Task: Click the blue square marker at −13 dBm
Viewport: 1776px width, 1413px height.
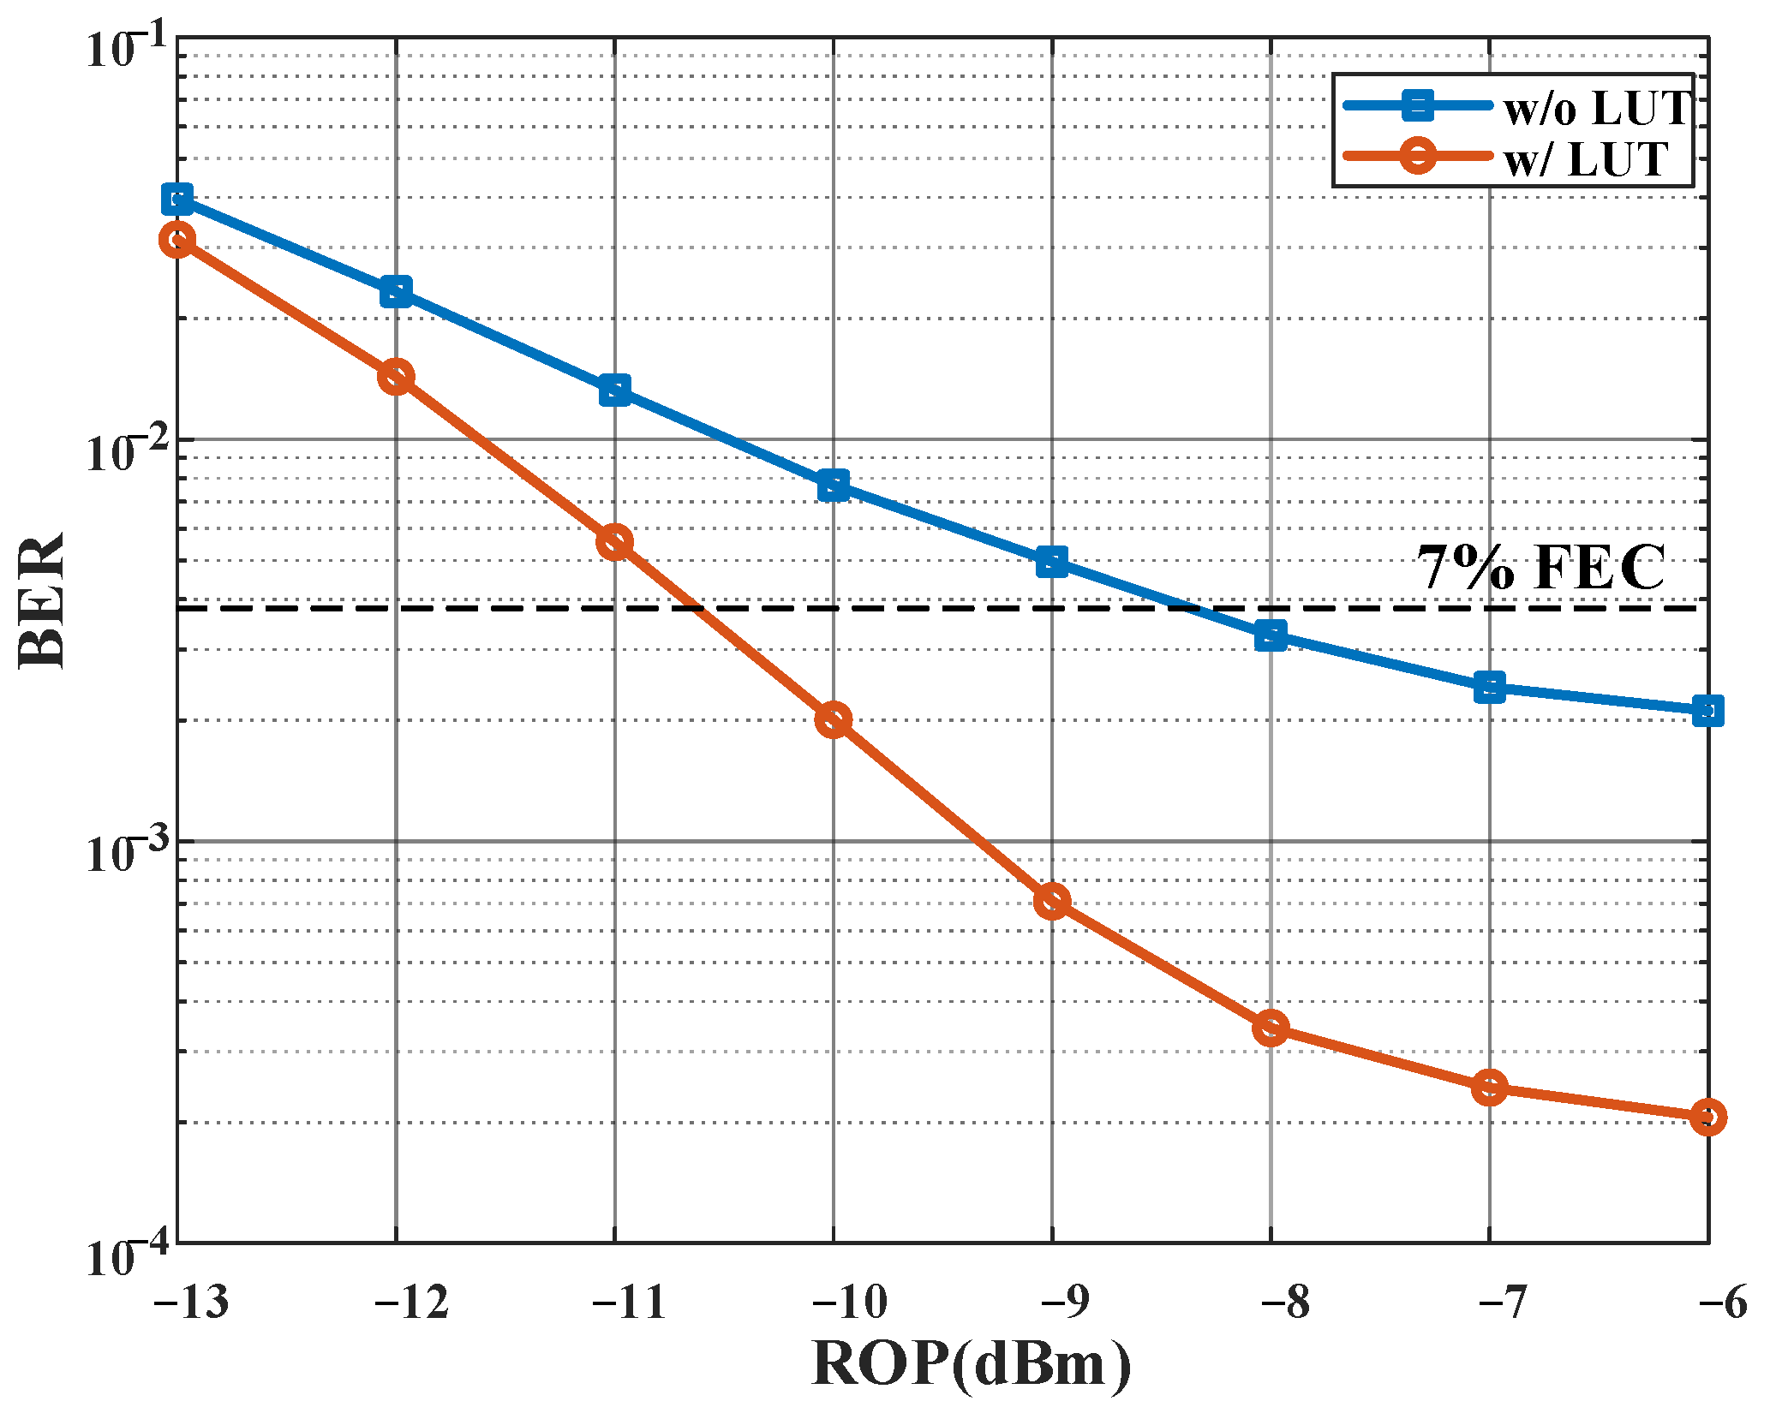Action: [x=177, y=200]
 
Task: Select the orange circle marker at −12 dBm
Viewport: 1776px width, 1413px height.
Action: [x=396, y=377]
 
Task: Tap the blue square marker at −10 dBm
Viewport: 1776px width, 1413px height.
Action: [x=834, y=486]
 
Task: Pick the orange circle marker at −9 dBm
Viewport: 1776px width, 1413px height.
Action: [x=1052, y=902]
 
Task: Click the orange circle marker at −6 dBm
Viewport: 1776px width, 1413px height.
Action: [x=1708, y=1118]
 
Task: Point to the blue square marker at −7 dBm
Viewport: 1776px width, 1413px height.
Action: [x=1490, y=687]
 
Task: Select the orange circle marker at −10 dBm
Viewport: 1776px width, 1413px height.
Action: [x=834, y=719]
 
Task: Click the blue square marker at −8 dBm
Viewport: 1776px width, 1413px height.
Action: [x=1271, y=635]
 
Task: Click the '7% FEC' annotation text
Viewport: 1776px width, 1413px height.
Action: [x=1540, y=568]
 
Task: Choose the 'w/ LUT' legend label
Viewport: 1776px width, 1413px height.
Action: [x=1586, y=159]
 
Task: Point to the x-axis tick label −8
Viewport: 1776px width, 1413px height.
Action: [x=1285, y=1303]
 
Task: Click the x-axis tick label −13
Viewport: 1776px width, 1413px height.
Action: [x=191, y=1303]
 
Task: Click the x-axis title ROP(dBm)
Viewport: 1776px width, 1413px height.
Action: [x=971, y=1363]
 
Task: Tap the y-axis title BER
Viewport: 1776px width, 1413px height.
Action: [x=41, y=601]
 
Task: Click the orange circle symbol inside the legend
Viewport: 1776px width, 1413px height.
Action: [x=1418, y=156]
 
